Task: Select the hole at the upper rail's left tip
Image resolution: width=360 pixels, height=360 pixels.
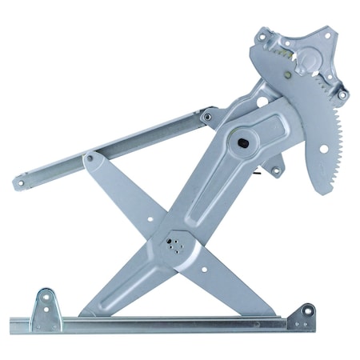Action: pos(18,182)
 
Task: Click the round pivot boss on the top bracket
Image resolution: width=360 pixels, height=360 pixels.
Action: pos(310,60)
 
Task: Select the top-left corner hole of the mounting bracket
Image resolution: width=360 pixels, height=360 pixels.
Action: pos(265,37)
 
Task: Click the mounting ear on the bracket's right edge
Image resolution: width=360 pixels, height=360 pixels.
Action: pos(342,94)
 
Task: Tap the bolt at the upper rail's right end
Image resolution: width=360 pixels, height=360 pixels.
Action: pos(207,117)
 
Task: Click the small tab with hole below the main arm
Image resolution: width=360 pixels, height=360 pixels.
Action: pos(276,170)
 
